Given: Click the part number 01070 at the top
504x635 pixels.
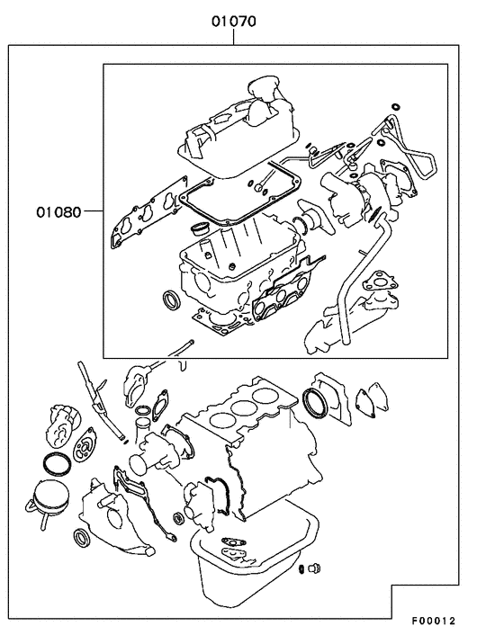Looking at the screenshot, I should tap(234, 16).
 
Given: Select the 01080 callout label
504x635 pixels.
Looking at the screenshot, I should tap(59, 213).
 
